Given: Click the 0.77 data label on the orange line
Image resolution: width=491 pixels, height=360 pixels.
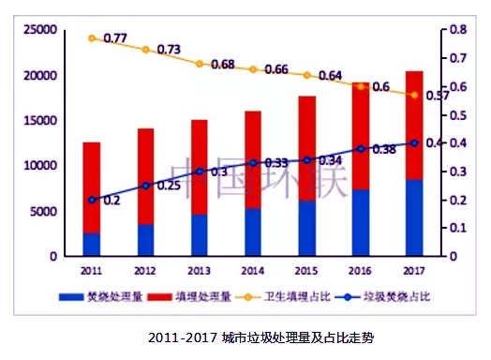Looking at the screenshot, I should pyautogui.click(x=115, y=37).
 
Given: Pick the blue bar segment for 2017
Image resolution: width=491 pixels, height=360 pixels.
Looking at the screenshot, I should pyautogui.click(x=413, y=217).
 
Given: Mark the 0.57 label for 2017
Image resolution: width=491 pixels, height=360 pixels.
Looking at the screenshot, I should pyautogui.click(x=437, y=96).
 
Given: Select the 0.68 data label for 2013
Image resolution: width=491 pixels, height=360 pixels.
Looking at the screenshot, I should pyautogui.click(x=223, y=65).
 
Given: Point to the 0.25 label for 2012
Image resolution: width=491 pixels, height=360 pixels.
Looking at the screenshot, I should pyautogui.click(x=169, y=186).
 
